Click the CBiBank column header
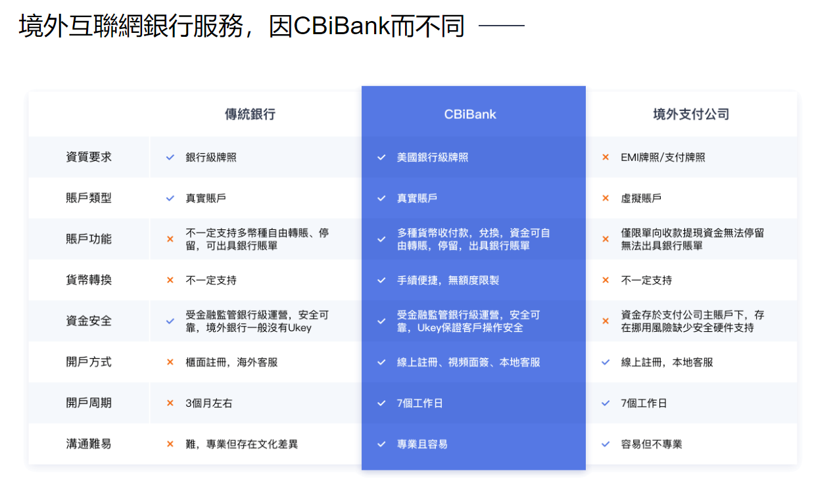470,114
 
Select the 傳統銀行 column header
250,114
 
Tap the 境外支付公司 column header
691,114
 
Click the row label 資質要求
89,157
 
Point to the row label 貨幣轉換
89,280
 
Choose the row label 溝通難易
89,444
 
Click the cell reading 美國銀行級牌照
433,158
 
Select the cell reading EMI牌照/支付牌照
663,158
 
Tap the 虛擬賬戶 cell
641,198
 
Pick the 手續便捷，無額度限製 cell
448,281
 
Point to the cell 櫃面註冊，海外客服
231,362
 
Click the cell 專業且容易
422,444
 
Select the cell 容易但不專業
652,444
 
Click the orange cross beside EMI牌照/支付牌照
606,158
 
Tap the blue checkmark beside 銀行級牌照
170,158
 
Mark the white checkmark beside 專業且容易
381,444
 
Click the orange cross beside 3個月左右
170,403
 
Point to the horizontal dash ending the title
502,27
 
